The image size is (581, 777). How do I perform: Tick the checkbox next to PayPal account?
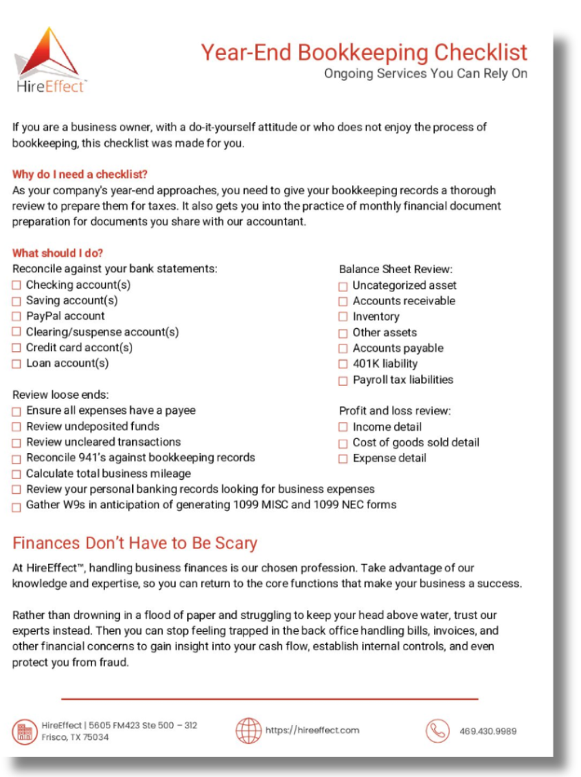coord(17,317)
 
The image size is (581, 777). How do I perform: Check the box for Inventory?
coord(343,317)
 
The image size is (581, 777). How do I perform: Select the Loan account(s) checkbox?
coord(17,364)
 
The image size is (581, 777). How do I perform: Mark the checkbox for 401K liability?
coord(343,365)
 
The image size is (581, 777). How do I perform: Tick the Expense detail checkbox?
coord(343,459)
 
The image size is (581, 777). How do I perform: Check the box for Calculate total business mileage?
coord(17,474)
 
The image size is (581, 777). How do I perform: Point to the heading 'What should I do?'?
coord(58,253)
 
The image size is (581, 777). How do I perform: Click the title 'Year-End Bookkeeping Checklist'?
coord(363,52)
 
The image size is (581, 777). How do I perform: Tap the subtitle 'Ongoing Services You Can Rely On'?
coord(426,73)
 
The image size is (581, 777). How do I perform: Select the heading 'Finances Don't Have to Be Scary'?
coord(135,543)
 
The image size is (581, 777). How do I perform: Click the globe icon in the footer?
coord(248,730)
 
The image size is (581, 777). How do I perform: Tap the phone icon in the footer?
coord(437,731)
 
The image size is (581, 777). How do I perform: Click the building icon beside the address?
coord(25,732)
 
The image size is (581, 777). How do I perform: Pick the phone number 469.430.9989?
coord(488,732)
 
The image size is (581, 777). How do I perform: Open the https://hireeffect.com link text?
coord(312,730)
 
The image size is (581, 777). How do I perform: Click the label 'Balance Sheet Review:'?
coord(396,269)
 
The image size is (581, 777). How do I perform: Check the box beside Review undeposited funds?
coord(17,427)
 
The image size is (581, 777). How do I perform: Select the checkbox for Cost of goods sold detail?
coord(343,444)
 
